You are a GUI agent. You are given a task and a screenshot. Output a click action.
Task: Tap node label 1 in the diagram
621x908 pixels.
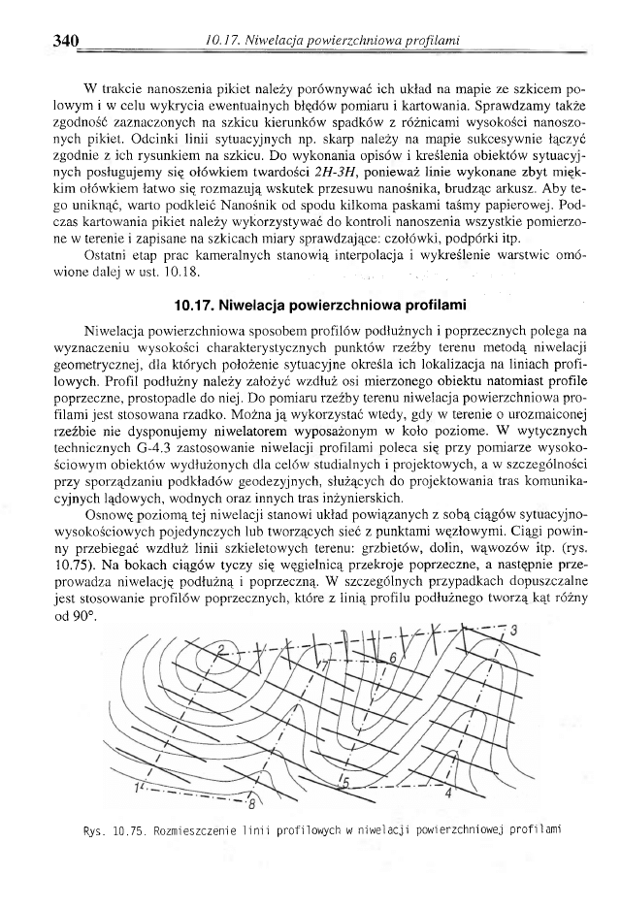[139, 784]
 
